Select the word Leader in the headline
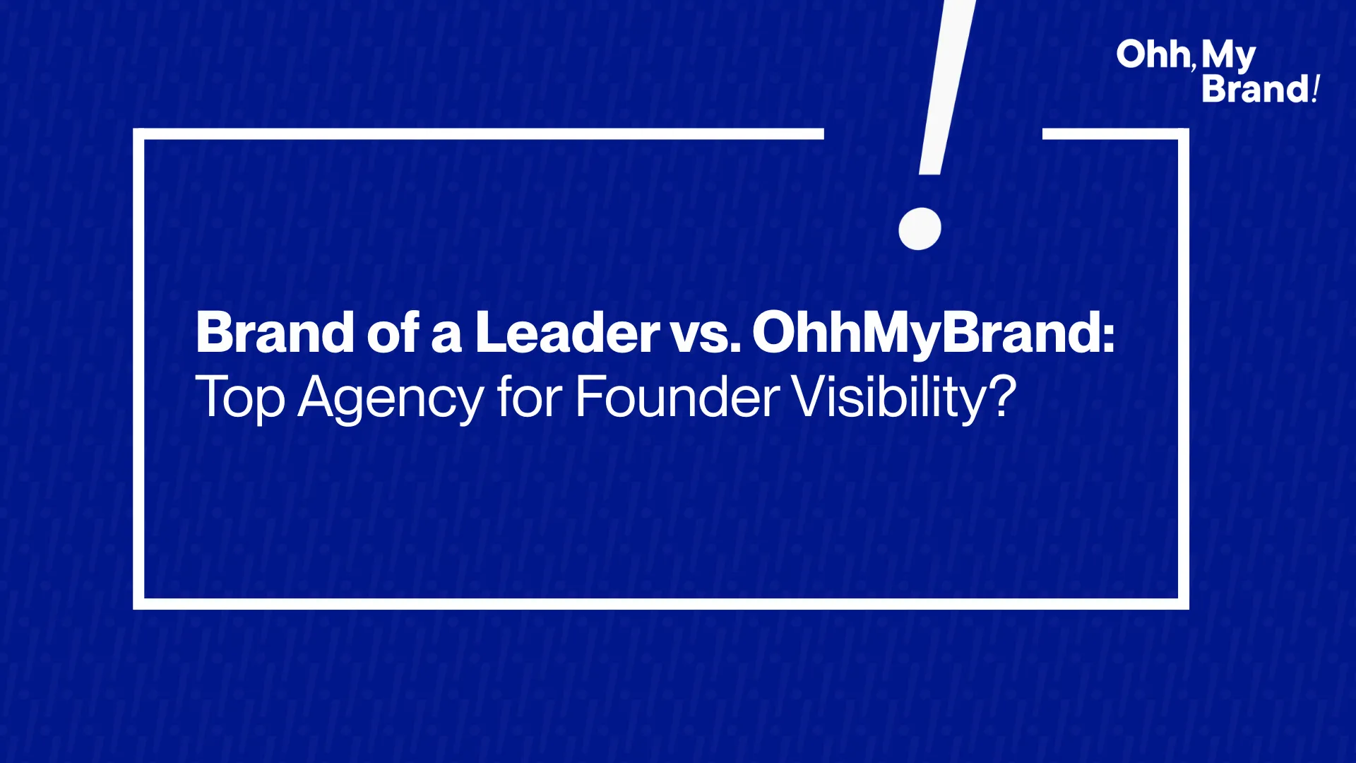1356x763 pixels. point(567,332)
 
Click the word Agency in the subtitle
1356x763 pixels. point(391,399)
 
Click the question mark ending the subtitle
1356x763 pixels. point(1001,396)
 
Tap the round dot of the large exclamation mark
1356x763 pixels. point(920,228)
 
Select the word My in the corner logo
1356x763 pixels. point(1228,57)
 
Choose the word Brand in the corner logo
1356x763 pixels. point(1256,89)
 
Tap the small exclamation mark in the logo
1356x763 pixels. point(1316,89)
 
